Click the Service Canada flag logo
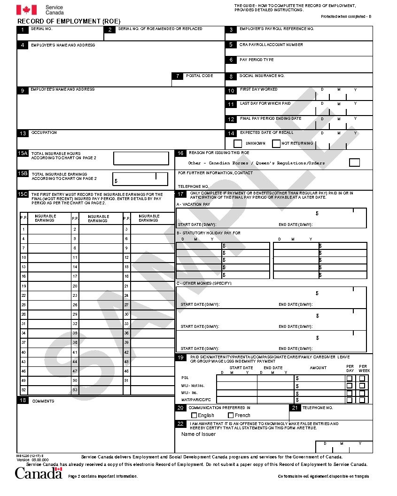click(x=26, y=9)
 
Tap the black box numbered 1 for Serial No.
click(x=23, y=30)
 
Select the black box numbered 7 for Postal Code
click(x=178, y=76)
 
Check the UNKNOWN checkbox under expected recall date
click(x=238, y=143)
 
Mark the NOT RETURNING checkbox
click(x=276, y=143)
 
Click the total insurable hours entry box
click(x=141, y=158)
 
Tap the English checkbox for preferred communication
click(x=194, y=415)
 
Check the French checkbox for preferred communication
click(x=231, y=415)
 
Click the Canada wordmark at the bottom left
click(x=39, y=473)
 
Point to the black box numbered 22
click(x=181, y=424)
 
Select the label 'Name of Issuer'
click(x=198, y=434)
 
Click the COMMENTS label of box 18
click(x=43, y=401)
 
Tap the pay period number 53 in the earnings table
click(x=75, y=390)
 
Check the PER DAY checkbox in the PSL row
click(x=349, y=378)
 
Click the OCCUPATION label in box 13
click(x=44, y=133)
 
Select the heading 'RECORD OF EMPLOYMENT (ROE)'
click(x=69, y=21)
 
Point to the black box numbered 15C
click(x=23, y=194)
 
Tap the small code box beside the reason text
click(x=355, y=163)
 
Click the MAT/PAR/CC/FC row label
click(x=196, y=400)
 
